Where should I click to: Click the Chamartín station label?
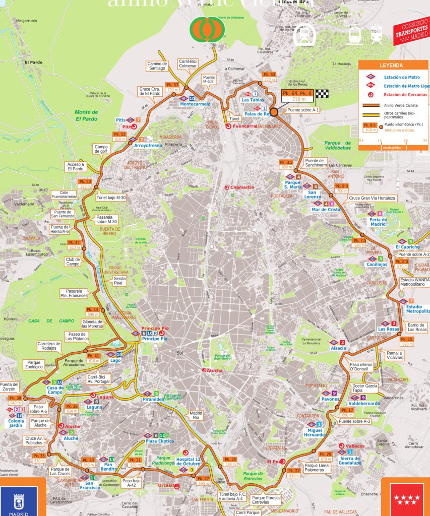(x=242, y=187)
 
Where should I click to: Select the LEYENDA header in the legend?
(x=391, y=66)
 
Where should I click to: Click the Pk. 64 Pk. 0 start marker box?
(x=297, y=93)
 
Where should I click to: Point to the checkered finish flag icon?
(x=322, y=93)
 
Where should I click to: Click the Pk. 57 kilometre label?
(x=172, y=84)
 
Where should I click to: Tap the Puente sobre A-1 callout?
(x=303, y=109)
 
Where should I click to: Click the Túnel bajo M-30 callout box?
(x=111, y=198)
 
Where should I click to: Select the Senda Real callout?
(x=119, y=281)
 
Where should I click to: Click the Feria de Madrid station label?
(x=378, y=222)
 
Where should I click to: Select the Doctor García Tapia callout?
(x=364, y=388)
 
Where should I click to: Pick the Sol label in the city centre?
(x=179, y=353)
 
